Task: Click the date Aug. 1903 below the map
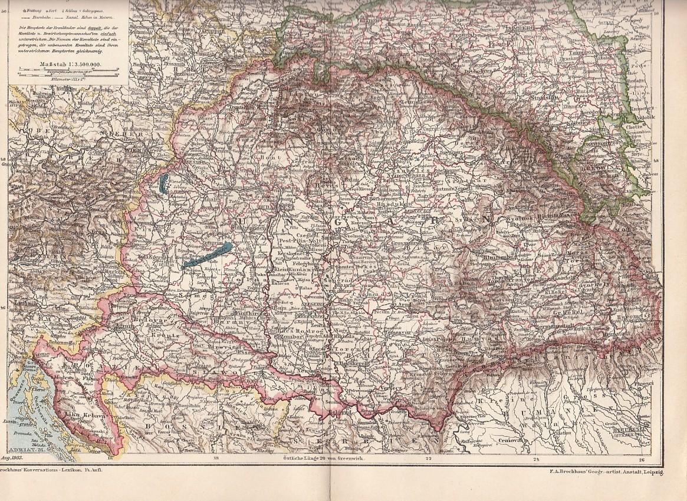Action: pos(13,457)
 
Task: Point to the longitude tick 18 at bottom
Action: pos(216,457)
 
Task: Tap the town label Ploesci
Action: pos(643,383)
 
